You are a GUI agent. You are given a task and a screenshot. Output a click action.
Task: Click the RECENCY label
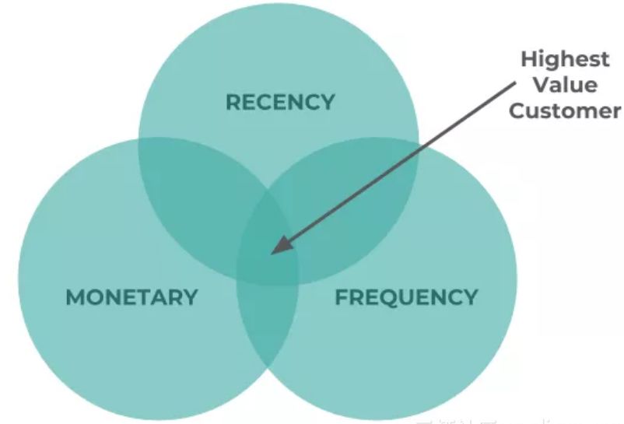tap(279, 102)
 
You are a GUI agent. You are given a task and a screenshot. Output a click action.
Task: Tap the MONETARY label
tap(131, 296)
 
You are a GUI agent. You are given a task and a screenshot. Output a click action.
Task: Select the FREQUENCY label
tap(406, 296)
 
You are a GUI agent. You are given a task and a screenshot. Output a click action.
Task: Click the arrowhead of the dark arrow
tap(275, 248)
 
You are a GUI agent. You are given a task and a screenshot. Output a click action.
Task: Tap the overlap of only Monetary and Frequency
tap(267, 327)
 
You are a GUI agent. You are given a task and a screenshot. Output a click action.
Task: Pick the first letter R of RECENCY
tap(232, 102)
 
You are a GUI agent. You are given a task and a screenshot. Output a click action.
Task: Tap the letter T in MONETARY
tap(148, 296)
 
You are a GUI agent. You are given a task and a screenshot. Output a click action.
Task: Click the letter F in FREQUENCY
tap(341, 296)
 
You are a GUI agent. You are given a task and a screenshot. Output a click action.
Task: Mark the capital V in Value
tap(538, 84)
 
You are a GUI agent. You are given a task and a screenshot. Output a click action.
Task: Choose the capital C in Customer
tap(517, 110)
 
